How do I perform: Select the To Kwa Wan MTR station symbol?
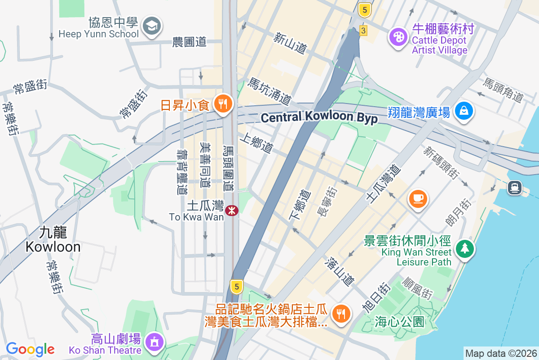(232, 210)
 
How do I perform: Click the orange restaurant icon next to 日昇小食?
(222, 104)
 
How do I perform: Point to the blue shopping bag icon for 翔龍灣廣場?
(464, 111)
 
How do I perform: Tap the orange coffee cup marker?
(418, 198)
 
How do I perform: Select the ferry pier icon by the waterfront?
(515, 187)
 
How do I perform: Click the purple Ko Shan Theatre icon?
(154, 342)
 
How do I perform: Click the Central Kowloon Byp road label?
(319, 117)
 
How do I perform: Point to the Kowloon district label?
(53, 240)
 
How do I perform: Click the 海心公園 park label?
(400, 322)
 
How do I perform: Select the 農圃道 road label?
(189, 42)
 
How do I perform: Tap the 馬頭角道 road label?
(504, 90)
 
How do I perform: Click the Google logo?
(30, 349)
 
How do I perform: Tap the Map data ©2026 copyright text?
(501, 354)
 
